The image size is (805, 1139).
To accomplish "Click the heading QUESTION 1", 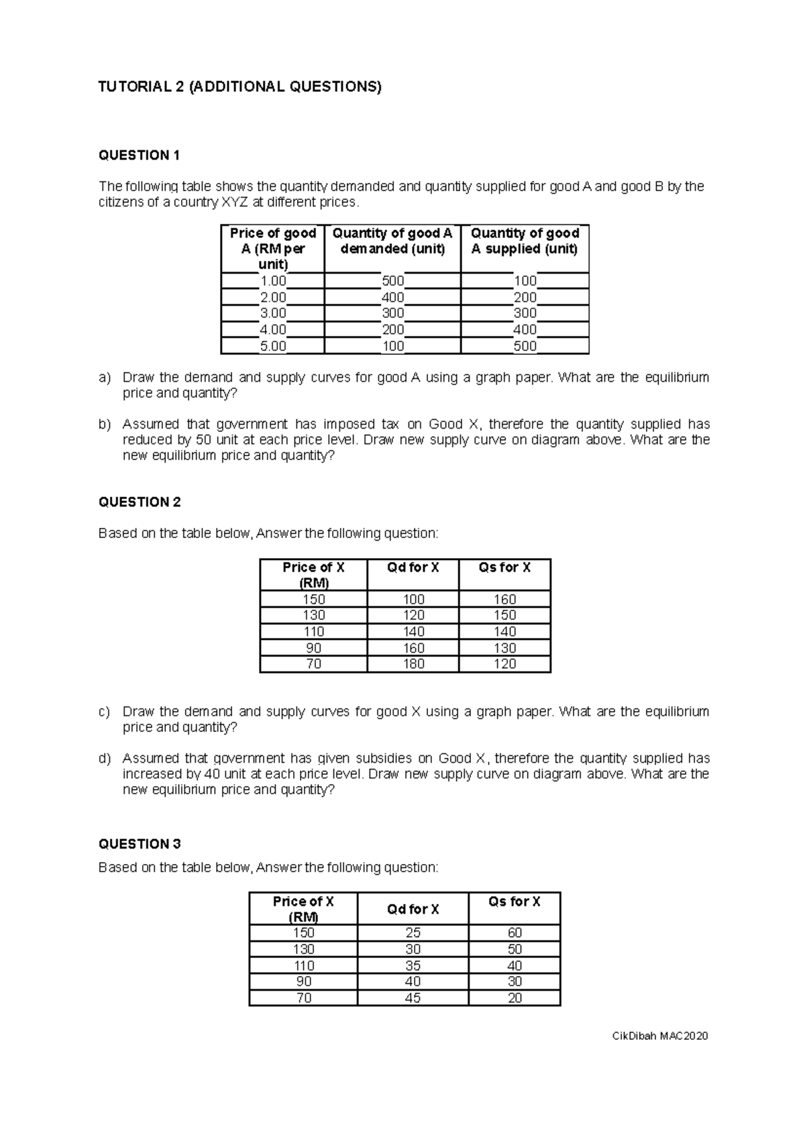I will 139,156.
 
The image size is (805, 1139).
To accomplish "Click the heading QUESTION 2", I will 140,502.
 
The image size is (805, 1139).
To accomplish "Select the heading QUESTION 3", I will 140,844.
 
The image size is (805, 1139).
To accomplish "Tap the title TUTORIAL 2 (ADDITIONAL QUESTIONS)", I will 239,87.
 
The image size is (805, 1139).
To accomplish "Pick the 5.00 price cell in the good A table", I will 272,347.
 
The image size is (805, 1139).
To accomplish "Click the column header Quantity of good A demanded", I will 392,241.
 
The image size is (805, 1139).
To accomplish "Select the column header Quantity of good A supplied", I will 525,241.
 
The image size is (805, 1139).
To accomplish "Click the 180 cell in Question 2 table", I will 413,664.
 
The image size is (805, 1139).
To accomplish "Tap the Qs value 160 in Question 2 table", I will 504,600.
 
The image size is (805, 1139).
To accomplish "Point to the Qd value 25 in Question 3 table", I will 413,933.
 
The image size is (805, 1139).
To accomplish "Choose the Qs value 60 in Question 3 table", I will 515,933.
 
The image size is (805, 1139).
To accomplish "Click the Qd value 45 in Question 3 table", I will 413,998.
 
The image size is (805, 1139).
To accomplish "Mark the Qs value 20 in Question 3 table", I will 515,998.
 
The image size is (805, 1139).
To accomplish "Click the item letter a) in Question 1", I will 104,378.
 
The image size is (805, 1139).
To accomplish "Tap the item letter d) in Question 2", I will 104,759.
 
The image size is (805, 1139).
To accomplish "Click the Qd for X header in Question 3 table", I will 413,910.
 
